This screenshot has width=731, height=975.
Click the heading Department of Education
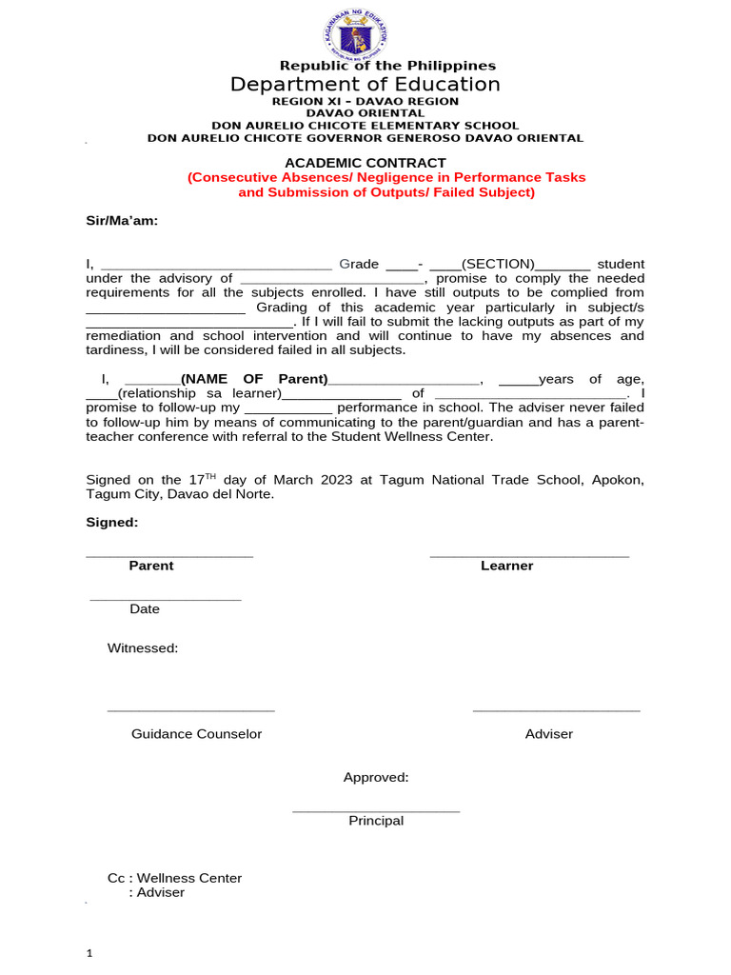(x=365, y=85)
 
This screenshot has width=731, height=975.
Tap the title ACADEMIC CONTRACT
(x=365, y=163)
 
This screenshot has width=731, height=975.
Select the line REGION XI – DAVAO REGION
(x=365, y=101)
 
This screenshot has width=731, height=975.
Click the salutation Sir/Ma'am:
(x=122, y=221)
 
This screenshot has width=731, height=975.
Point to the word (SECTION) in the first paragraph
(x=498, y=264)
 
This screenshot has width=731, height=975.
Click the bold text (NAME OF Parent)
(x=254, y=379)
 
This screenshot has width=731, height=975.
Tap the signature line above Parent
(x=169, y=555)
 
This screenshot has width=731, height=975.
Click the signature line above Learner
(x=529, y=555)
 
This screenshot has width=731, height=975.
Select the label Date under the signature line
(x=145, y=608)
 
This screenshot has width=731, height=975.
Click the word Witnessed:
(x=143, y=648)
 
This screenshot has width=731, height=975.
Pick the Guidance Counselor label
(x=196, y=734)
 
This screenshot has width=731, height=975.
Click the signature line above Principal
(x=376, y=811)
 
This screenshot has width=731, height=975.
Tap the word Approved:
(x=376, y=778)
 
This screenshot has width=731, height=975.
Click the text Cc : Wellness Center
(x=175, y=878)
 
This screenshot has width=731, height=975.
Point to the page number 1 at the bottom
(x=89, y=953)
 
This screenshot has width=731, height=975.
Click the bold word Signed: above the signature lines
(x=112, y=523)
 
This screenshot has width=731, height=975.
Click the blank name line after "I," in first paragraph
(x=216, y=268)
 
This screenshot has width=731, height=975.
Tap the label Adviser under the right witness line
(x=549, y=734)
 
